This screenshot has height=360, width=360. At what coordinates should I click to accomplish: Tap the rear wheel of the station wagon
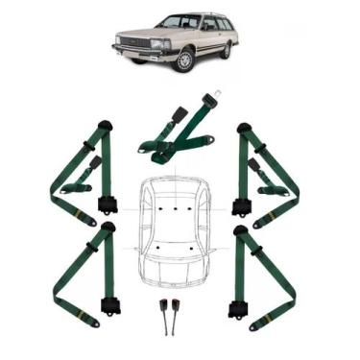click(228, 49)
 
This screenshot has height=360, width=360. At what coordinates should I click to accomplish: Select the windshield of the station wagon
click(179, 21)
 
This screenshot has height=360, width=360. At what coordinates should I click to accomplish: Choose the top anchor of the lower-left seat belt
click(108, 228)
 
